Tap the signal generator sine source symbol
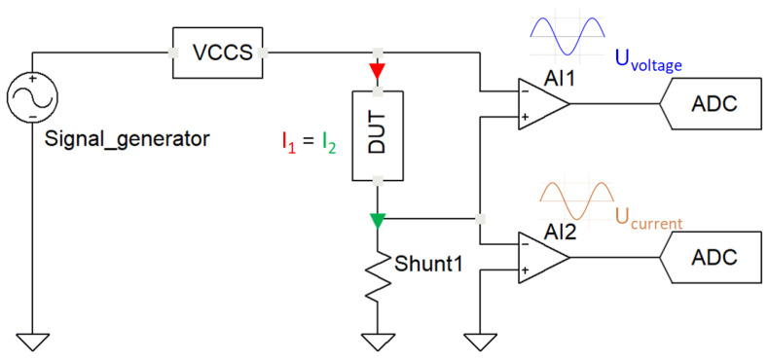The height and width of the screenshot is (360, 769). (x=32, y=98)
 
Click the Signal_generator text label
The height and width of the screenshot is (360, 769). (x=128, y=139)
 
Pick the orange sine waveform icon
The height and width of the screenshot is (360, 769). (x=577, y=202)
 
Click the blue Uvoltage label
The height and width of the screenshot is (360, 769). (x=647, y=61)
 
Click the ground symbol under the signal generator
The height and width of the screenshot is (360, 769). (x=32, y=340)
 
